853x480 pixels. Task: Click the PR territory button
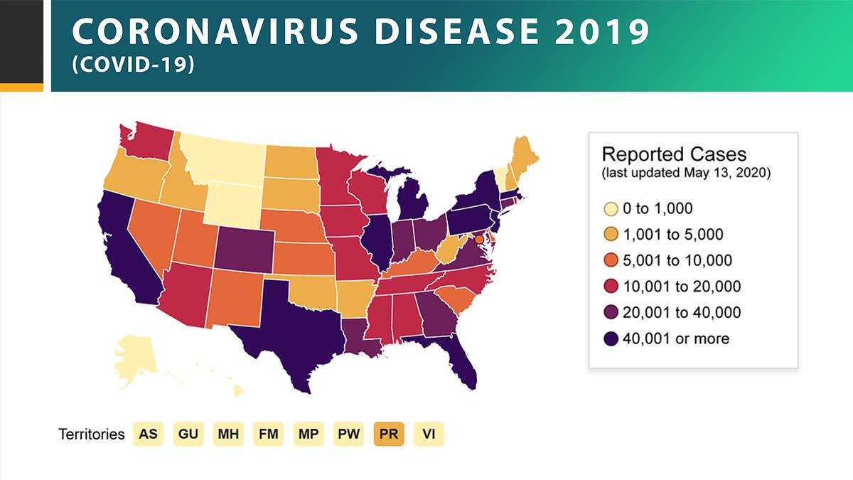click(x=389, y=434)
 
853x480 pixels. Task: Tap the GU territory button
click(x=188, y=434)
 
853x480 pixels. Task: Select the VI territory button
click(x=429, y=434)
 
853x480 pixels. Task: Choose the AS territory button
click(x=148, y=434)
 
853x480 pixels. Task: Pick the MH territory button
click(x=228, y=434)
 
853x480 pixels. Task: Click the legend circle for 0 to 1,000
click(x=611, y=209)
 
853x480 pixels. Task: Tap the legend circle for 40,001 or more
click(x=611, y=338)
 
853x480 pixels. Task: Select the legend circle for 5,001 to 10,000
click(x=611, y=260)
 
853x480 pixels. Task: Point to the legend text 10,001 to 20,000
click(x=682, y=287)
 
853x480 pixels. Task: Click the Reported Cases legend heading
click(x=674, y=154)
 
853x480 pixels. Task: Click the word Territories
click(x=92, y=434)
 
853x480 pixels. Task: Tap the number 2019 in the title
click(x=602, y=31)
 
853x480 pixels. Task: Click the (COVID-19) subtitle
click(x=134, y=65)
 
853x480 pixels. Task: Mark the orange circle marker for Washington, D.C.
click(x=479, y=239)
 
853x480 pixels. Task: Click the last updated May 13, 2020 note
click(x=686, y=173)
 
